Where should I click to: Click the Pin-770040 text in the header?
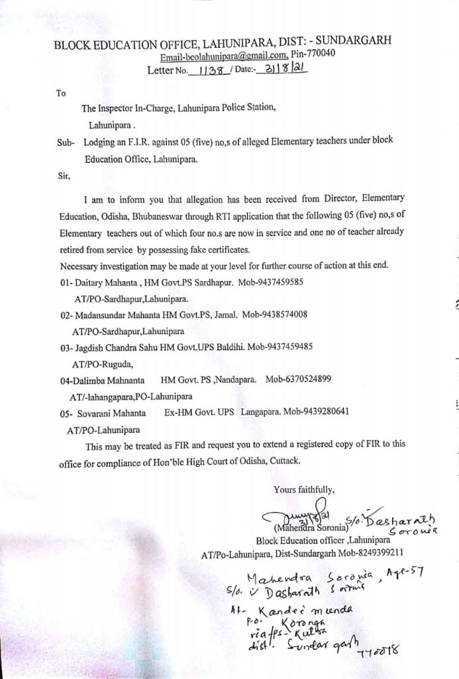pos(313,54)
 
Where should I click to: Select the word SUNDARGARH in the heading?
pos(348,42)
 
